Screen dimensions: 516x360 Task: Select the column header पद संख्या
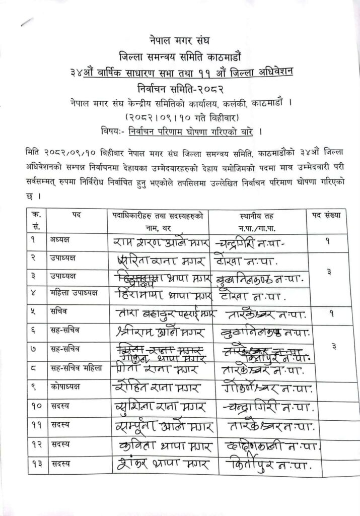pos(326,215)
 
